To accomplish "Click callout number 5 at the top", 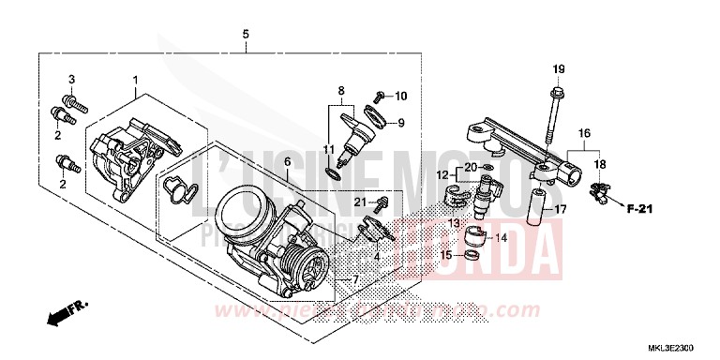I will (x=246, y=35).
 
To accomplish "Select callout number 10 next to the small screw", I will (x=400, y=96).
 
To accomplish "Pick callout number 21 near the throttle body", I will (x=360, y=202).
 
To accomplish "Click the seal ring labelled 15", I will (x=474, y=253).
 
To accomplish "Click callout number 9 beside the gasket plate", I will (x=400, y=123).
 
